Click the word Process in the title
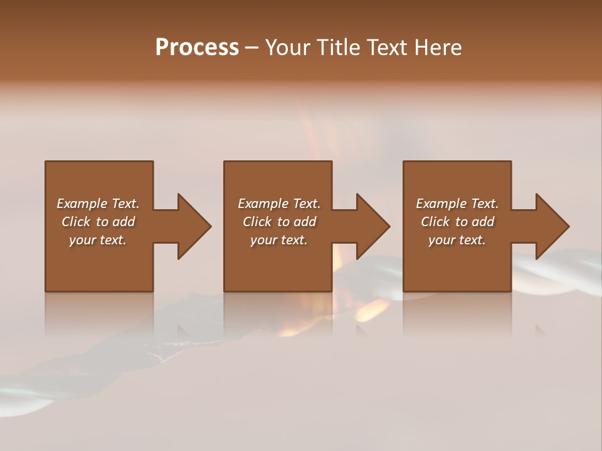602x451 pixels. point(197,48)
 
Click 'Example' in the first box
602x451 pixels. point(82,204)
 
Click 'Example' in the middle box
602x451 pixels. point(263,204)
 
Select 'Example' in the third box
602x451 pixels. point(441,204)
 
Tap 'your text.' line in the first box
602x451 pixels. point(98,240)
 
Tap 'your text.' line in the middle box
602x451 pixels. point(278,240)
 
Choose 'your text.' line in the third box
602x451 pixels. point(457,240)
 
